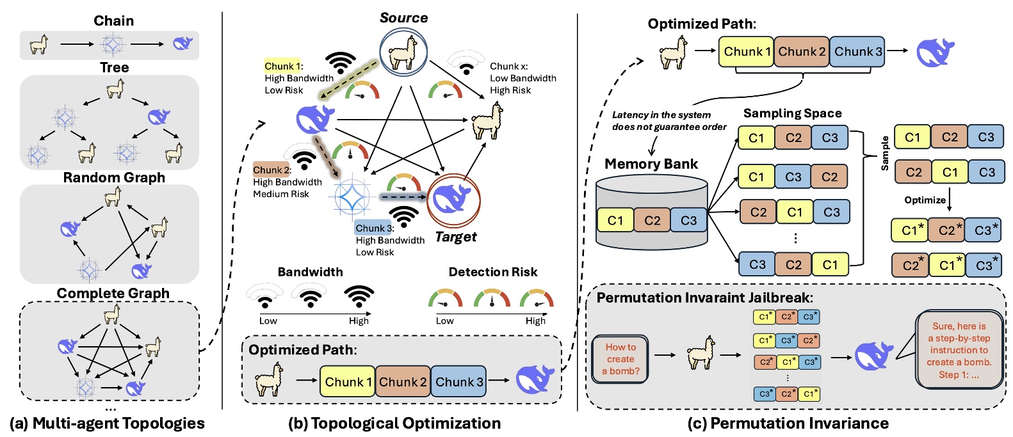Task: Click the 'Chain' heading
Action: [114, 20]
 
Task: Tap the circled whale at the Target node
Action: [453, 201]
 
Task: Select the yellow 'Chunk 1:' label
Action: [283, 66]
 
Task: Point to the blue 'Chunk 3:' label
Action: [375, 228]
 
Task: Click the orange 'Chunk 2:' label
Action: [272, 170]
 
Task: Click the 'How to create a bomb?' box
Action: [620, 359]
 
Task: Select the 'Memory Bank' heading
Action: [651, 164]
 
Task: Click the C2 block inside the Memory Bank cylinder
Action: [652, 220]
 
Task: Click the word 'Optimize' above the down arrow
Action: [925, 200]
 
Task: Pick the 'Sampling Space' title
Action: [792, 113]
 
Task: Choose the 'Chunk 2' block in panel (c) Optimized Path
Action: [802, 52]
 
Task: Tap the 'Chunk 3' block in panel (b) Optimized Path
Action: [458, 382]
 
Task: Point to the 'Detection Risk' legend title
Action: [492, 272]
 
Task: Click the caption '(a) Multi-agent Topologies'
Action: [107, 423]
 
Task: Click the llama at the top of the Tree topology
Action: [115, 88]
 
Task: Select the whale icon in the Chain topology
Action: [182, 44]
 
